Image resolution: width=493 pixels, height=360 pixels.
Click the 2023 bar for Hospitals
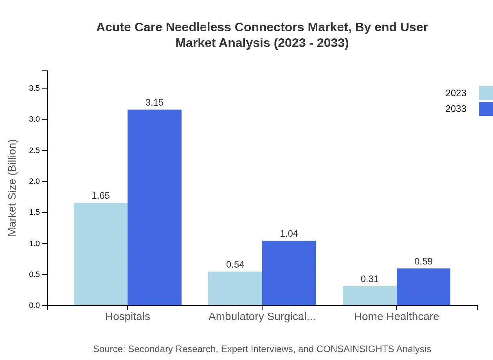point(101,254)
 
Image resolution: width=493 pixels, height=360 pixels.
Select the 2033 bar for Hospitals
point(155,207)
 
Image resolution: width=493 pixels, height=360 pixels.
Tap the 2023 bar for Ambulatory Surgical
point(235,288)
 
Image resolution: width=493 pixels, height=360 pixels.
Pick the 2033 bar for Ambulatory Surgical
point(289,273)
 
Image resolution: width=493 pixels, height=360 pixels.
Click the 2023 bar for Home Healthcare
point(370,295)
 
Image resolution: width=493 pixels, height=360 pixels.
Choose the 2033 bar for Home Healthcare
point(423,287)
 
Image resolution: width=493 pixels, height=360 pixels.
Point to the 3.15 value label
point(155,103)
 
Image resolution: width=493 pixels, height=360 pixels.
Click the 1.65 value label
point(101,196)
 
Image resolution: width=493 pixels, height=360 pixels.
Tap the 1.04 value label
point(289,234)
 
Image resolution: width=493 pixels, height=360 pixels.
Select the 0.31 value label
point(370,279)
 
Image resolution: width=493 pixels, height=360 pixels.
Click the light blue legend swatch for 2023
point(486,93)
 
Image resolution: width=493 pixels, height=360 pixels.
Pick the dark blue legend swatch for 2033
point(486,109)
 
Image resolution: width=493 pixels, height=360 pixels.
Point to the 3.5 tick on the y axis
point(34,88)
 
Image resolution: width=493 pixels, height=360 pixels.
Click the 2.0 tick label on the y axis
point(34,182)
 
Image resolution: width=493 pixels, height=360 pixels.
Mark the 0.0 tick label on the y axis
point(34,306)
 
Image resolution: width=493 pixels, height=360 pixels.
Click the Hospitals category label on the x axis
point(128,317)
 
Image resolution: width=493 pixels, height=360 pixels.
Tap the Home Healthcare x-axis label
point(396,317)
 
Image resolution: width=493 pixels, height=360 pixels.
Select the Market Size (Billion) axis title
point(12,188)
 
